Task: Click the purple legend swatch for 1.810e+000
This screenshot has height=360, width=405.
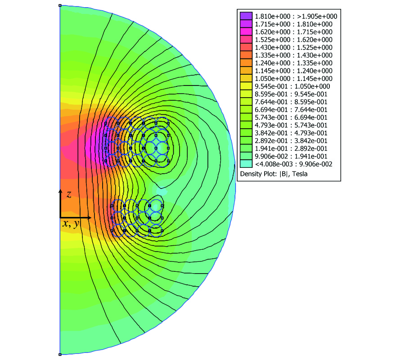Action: (x=246, y=16)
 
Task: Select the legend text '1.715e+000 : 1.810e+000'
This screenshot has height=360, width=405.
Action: (x=294, y=24)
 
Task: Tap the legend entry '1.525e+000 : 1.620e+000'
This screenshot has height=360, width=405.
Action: (x=294, y=40)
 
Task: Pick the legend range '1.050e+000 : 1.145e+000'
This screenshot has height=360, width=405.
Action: (x=294, y=78)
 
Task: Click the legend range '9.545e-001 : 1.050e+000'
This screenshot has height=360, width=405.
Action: (x=292, y=86)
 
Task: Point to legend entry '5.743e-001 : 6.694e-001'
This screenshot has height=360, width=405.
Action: (x=291, y=117)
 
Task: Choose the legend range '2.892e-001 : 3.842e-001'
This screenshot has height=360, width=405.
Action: (x=291, y=141)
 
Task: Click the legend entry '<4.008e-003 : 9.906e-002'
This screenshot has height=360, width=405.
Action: (x=294, y=164)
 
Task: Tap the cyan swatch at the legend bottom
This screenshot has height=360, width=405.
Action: (x=246, y=164)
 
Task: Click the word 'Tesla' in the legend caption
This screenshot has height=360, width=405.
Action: (x=300, y=174)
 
